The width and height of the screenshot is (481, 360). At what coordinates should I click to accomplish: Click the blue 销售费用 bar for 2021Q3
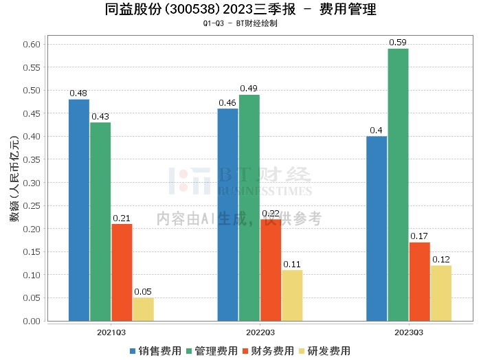79,210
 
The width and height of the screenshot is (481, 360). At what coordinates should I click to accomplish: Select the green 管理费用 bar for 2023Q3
398,185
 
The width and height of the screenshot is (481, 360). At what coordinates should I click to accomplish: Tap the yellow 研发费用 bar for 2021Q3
143,309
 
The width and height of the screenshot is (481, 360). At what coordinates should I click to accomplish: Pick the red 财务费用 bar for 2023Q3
419,282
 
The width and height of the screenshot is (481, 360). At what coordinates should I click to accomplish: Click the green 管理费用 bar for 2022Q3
249,207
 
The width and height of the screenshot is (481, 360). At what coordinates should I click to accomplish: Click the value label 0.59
398,43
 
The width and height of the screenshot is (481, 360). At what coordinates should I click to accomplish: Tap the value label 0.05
143,292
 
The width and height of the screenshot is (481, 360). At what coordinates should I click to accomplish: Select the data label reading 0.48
79,93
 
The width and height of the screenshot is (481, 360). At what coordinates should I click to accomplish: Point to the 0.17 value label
419,236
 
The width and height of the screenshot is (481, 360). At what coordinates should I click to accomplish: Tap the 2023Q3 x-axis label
409,332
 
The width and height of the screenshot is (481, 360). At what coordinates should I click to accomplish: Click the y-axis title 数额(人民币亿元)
13,183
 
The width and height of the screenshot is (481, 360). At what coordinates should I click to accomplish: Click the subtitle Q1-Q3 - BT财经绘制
240,23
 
